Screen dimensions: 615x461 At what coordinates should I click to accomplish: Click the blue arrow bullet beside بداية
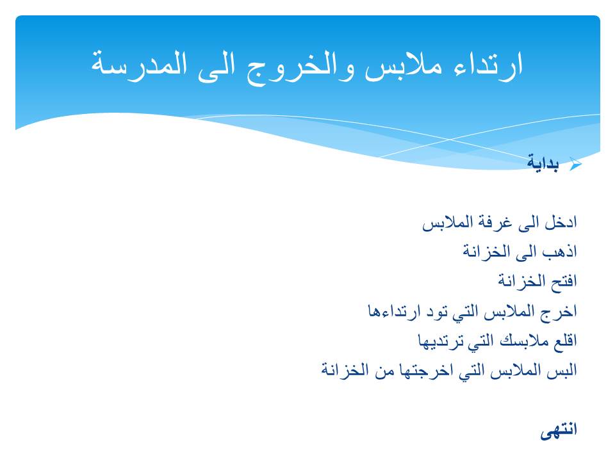575,164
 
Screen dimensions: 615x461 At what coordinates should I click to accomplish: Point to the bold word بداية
543,163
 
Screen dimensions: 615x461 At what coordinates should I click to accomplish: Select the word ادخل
561,222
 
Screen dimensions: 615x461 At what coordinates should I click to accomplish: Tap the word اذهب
560,252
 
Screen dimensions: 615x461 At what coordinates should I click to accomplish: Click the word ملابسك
524,341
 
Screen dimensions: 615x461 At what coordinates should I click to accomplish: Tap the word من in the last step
384,371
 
